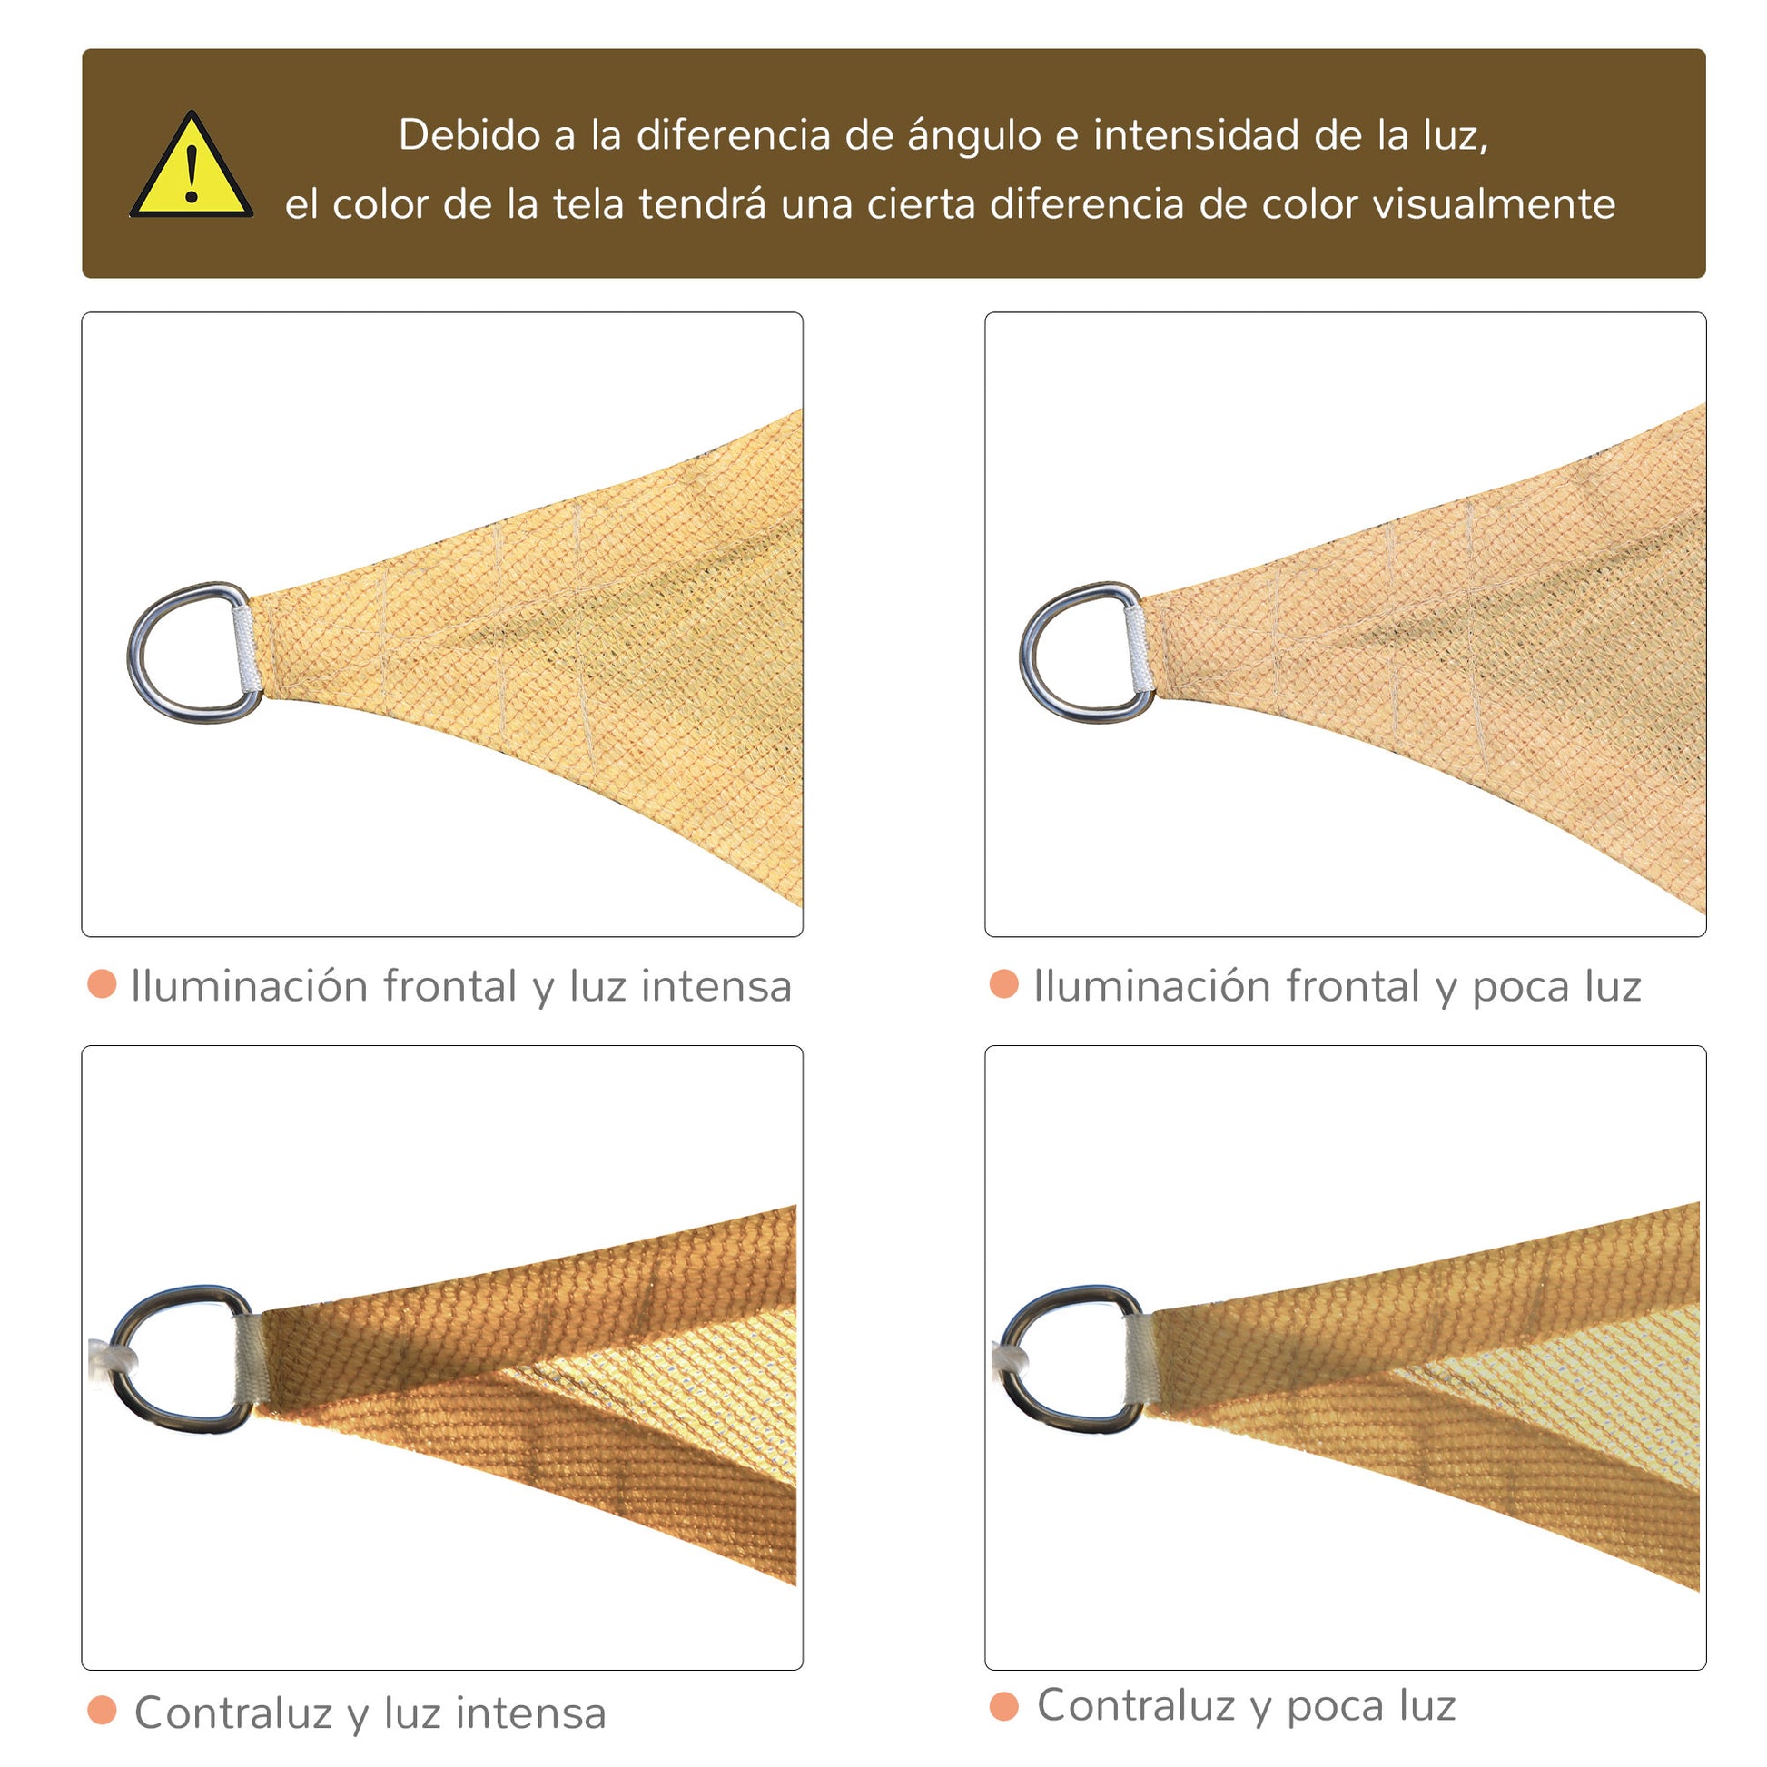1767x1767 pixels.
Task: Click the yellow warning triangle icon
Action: (192, 166)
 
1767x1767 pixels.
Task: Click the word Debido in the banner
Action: (470, 134)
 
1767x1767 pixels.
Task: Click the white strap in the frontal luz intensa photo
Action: (245, 650)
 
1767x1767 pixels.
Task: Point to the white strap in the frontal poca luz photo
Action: (1137, 650)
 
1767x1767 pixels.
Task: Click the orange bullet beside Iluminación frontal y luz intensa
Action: (102, 984)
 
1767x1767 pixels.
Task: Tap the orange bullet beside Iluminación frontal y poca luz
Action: (1004, 984)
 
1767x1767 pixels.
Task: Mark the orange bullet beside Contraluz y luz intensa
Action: (102, 1711)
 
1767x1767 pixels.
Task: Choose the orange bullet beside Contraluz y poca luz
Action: (1004, 1706)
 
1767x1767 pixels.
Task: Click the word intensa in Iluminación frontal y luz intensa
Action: (716, 986)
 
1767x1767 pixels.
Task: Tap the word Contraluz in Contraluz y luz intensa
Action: (233, 1713)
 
